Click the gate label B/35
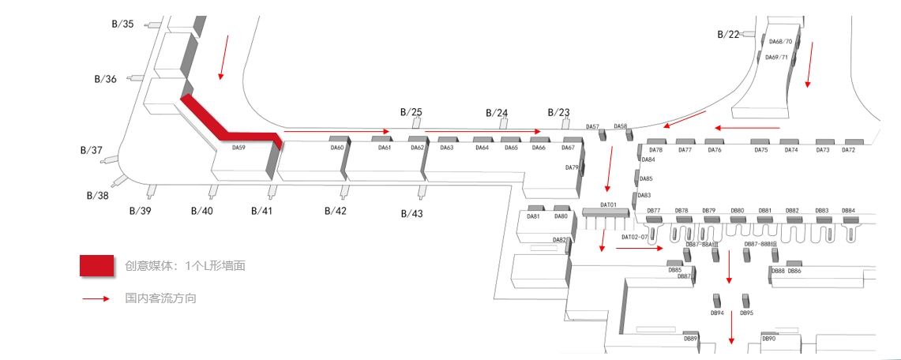point(122,24)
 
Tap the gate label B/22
point(728,34)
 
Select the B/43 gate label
point(411,214)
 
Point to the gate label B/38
point(97,195)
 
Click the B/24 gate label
point(497,112)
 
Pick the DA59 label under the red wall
point(238,147)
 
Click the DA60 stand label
point(337,148)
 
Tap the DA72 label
point(848,150)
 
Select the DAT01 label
point(608,205)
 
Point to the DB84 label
point(848,211)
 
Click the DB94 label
point(717,313)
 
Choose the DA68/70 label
point(780,42)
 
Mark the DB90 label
point(768,339)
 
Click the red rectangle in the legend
point(97,266)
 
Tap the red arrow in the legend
point(96,299)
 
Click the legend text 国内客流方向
point(160,299)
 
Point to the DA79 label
point(572,167)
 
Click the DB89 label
point(690,339)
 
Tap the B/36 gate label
point(105,79)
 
